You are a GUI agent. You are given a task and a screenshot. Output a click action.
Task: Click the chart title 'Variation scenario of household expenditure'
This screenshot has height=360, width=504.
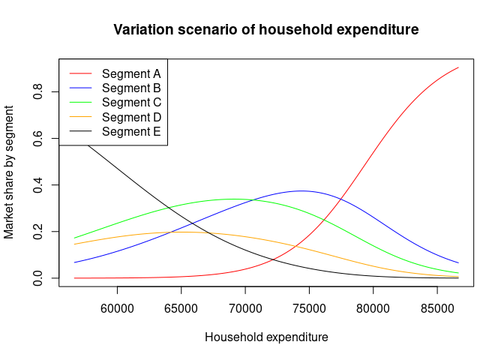pos(266,30)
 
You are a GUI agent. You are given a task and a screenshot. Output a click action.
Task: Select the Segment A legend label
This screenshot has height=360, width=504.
pos(131,73)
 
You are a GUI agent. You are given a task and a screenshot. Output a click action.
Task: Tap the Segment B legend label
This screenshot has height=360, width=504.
pos(131,88)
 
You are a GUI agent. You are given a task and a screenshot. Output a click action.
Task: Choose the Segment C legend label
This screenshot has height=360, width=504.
pos(131,102)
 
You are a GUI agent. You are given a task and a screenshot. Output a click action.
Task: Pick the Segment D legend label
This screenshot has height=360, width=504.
pos(131,117)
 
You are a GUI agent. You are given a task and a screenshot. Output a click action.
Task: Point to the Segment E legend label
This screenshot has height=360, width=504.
pos(131,131)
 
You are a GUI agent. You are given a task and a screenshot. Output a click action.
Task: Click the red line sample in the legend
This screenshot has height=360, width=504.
pos(80,73)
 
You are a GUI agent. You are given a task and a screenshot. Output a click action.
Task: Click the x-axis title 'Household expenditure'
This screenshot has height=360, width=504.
pos(266,337)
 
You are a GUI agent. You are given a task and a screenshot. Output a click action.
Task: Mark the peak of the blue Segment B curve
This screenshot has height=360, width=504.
pos(301,190)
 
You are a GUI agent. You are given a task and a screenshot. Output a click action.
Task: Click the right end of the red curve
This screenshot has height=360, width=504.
pos(458,67)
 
